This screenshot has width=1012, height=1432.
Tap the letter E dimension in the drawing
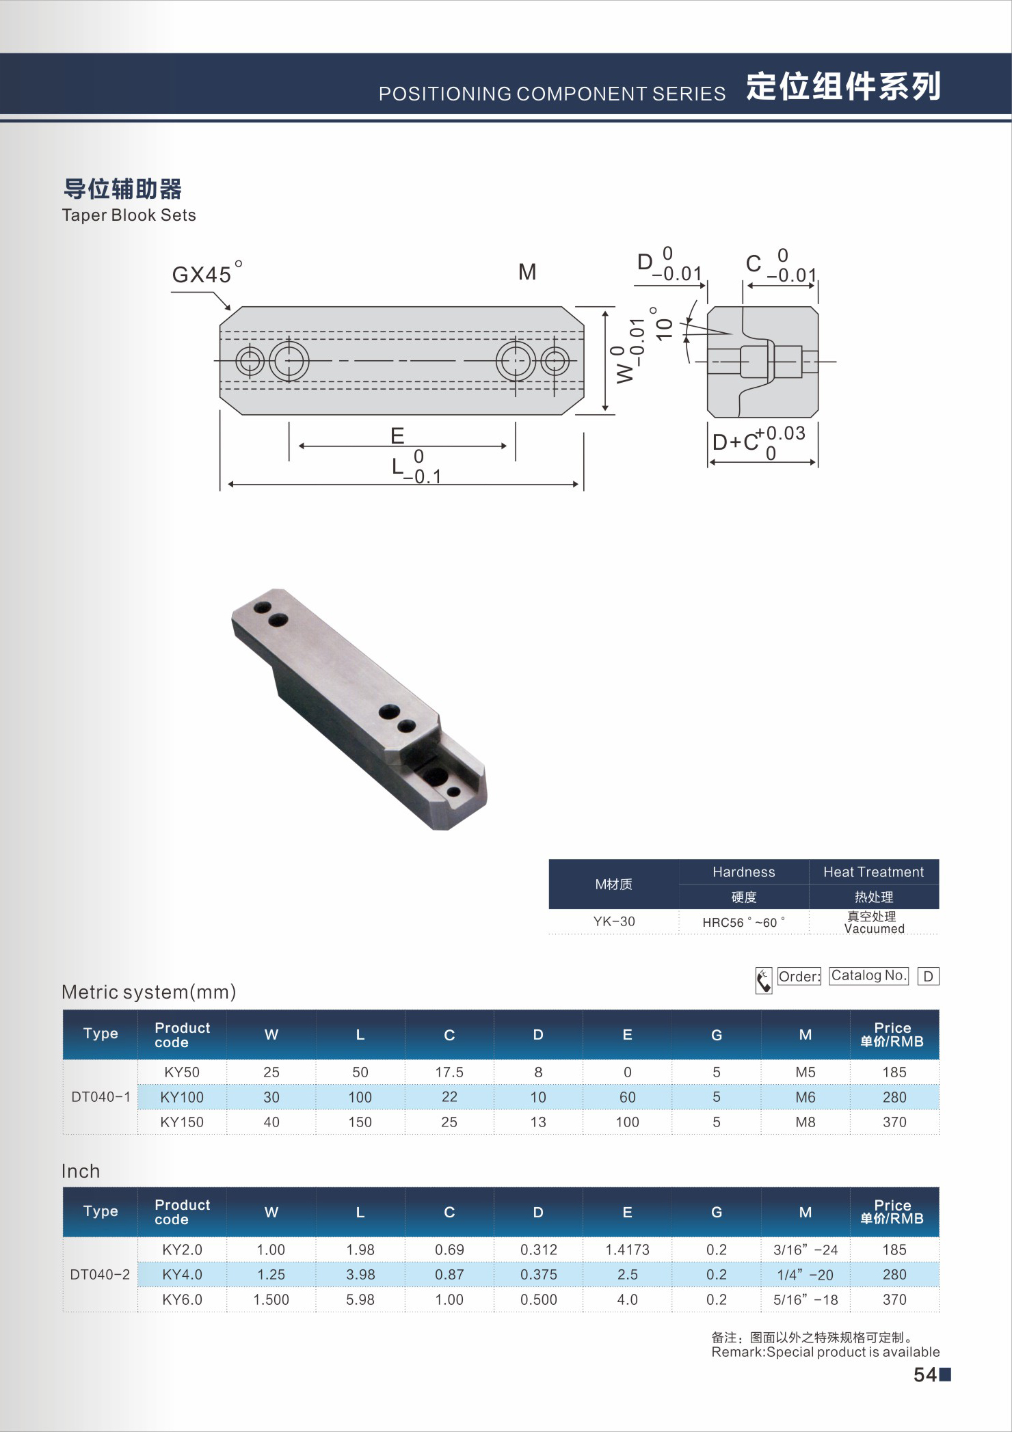click(397, 435)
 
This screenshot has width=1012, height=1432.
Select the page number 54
click(925, 1375)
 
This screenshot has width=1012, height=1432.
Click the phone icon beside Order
click(764, 980)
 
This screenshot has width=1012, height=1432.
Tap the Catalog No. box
click(868, 975)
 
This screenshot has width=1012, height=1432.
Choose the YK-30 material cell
click(614, 921)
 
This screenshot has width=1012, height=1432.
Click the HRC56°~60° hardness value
click(743, 922)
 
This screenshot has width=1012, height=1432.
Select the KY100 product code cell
click(182, 1097)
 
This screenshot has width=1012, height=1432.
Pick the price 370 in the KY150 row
click(894, 1122)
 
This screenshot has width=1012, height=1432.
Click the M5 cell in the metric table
click(805, 1072)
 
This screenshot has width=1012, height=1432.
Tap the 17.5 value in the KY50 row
click(449, 1072)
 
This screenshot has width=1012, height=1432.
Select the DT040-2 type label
click(100, 1274)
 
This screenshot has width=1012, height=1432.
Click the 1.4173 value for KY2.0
click(627, 1249)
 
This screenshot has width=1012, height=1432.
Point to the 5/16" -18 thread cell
click(805, 1299)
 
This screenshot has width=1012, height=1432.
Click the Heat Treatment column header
click(873, 872)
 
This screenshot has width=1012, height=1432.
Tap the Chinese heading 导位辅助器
click(123, 189)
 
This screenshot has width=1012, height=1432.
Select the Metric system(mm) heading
click(148, 992)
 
